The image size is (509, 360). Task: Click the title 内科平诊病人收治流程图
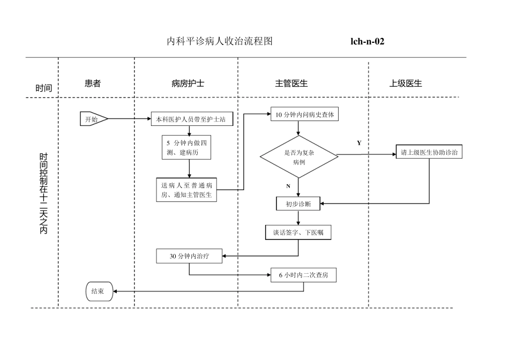click(x=220, y=41)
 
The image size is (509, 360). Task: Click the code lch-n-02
click(x=367, y=41)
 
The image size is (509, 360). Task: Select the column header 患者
click(x=93, y=84)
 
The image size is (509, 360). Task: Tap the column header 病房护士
click(x=188, y=84)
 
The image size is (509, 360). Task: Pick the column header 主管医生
click(x=291, y=84)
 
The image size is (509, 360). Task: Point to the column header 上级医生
click(x=406, y=84)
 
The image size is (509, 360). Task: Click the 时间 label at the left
click(x=44, y=88)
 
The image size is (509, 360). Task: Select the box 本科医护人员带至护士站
click(x=192, y=119)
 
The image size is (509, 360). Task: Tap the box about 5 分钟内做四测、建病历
click(x=186, y=147)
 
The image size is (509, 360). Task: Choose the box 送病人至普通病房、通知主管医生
click(x=186, y=190)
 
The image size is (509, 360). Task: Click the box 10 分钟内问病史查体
click(x=305, y=115)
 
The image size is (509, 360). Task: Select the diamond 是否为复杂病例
click(x=299, y=156)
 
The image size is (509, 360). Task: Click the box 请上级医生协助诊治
click(x=429, y=152)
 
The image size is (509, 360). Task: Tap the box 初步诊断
click(x=298, y=204)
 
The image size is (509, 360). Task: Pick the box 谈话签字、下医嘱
click(x=298, y=232)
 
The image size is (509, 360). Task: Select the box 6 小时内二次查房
click(x=304, y=275)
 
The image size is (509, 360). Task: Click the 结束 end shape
click(x=98, y=291)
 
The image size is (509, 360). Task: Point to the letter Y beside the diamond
click(x=359, y=143)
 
